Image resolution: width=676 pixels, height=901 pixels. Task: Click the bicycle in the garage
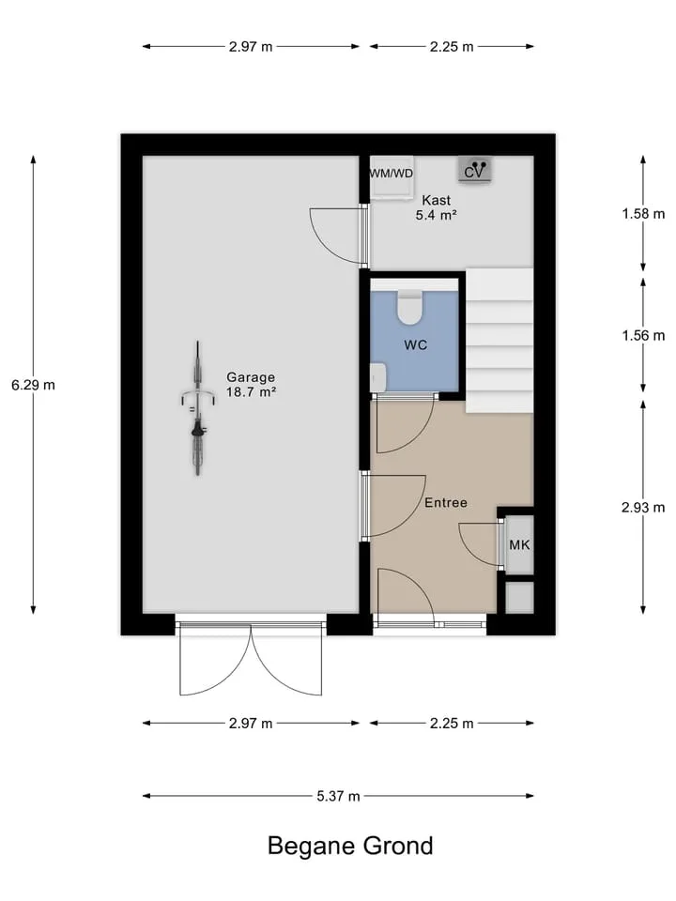click(198, 408)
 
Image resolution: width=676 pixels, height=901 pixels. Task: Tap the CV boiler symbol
click(475, 170)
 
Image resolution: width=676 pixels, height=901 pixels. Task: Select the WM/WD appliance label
click(391, 173)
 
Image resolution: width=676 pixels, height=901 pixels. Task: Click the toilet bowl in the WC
click(409, 308)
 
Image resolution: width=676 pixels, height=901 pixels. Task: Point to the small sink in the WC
click(377, 377)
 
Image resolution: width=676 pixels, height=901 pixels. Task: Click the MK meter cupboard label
click(519, 544)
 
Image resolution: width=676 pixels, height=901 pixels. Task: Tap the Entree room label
click(445, 503)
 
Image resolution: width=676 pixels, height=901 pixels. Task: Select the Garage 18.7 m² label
click(251, 385)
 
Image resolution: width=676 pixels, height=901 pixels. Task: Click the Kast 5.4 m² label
click(437, 207)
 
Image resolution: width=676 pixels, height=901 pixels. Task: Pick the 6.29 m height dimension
click(34, 385)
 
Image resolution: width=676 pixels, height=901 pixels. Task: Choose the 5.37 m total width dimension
click(338, 796)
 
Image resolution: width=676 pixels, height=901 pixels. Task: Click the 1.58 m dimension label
click(643, 214)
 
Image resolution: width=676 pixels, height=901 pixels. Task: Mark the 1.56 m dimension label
click(643, 336)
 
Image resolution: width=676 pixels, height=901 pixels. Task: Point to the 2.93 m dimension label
click(643, 508)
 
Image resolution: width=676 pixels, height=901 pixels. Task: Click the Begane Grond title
click(350, 846)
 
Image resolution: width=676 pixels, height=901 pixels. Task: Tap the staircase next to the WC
click(499, 340)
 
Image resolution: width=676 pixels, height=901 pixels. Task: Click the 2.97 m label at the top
click(251, 47)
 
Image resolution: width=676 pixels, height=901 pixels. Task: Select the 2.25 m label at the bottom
click(452, 724)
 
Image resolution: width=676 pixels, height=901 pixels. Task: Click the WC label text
click(416, 344)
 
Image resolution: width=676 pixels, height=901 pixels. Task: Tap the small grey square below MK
click(519, 597)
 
